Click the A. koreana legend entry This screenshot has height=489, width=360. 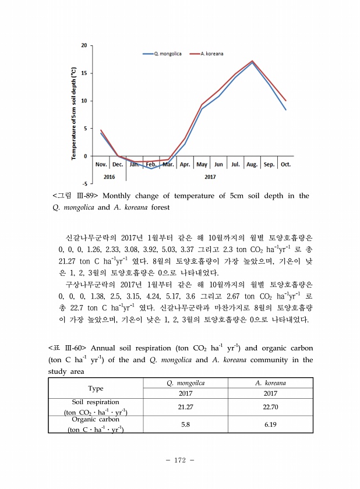tap(212, 54)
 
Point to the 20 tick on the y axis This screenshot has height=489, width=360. tap(84, 45)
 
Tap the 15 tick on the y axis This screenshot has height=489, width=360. tap(84, 73)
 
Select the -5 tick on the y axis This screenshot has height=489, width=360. tap(85, 183)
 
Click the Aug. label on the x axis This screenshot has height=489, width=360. tap(252, 165)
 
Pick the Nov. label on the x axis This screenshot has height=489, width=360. tap(100, 165)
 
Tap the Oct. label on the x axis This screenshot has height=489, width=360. tap(285, 165)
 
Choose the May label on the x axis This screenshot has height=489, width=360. tap(202, 165)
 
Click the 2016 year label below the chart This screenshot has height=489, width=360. tap(109, 176)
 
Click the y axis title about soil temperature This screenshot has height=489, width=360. tap(74, 114)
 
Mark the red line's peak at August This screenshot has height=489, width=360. tap(252, 61)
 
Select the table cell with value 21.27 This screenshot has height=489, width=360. tap(185, 406)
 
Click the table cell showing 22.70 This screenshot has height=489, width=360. tap(270, 406)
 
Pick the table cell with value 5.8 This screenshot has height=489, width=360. tap(185, 424)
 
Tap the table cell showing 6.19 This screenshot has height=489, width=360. tap(270, 424)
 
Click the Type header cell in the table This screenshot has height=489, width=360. tap(95, 388)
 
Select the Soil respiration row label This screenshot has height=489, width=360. tap(95, 407)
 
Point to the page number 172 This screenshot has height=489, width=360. tap(179, 460)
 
